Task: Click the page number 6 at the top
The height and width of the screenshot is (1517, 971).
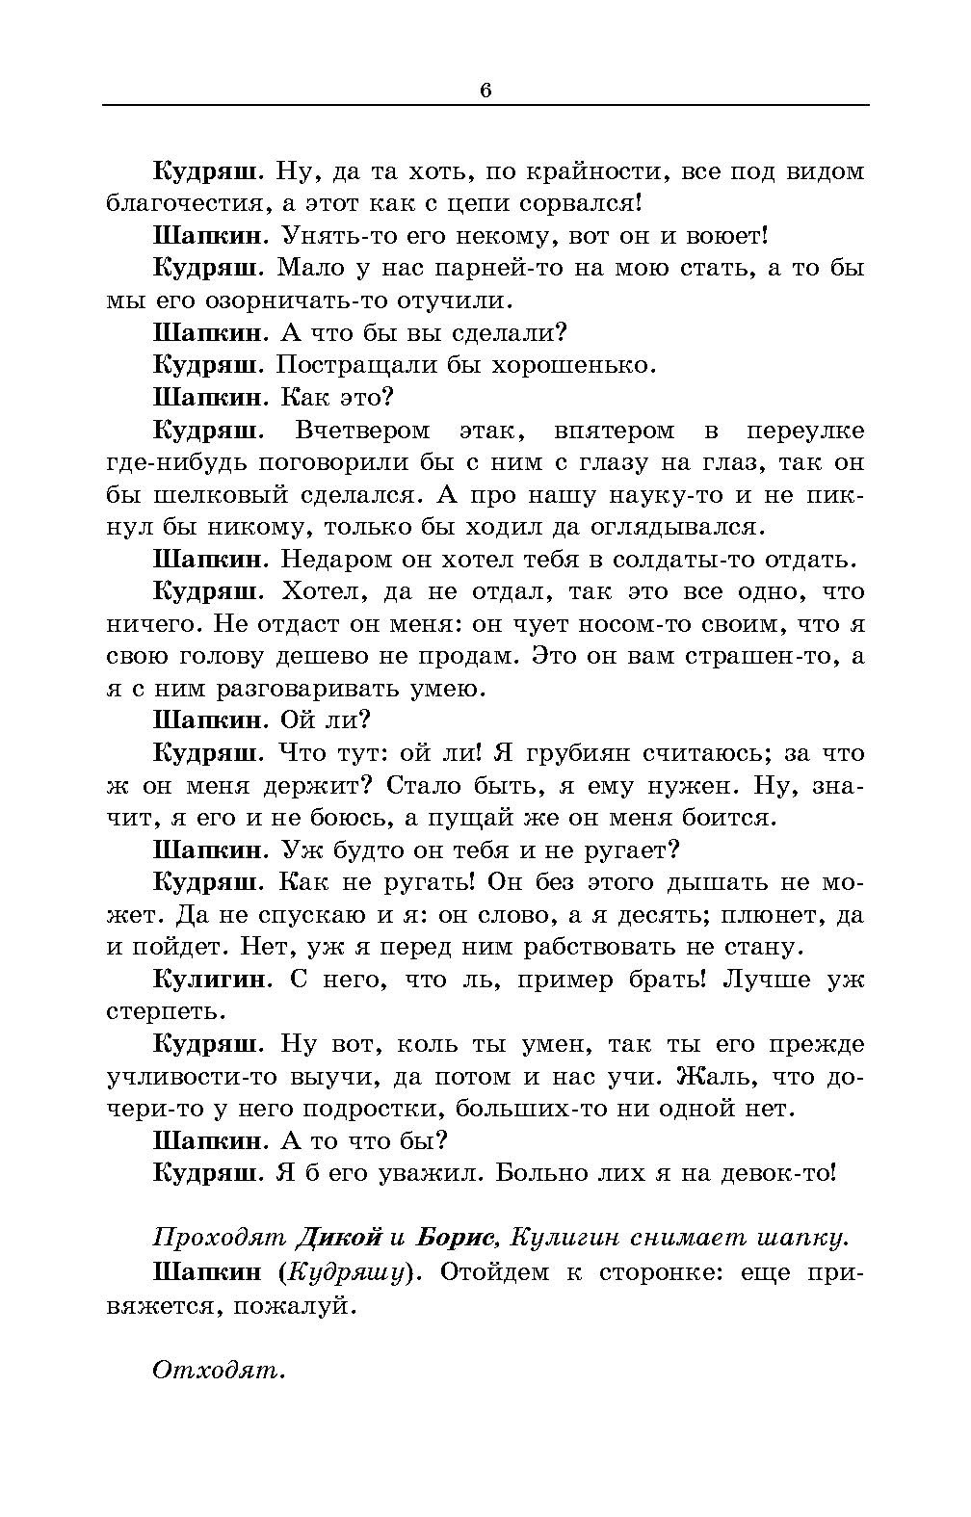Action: (x=485, y=91)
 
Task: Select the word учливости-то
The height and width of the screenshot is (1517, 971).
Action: (x=187, y=1077)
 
